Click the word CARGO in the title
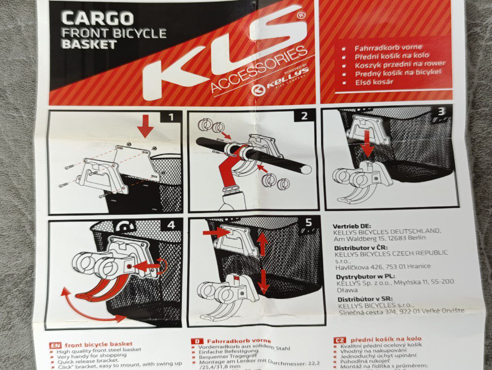tap(98, 18)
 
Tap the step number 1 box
tap(171, 117)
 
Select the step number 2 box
tap(304, 116)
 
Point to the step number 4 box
tap(171, 225)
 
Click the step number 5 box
tap(309, 222)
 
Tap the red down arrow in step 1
tap(146, 126)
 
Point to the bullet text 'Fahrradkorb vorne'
tap(388, 48)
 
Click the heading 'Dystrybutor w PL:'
tap(366, 277)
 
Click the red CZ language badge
tap(340, 340)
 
